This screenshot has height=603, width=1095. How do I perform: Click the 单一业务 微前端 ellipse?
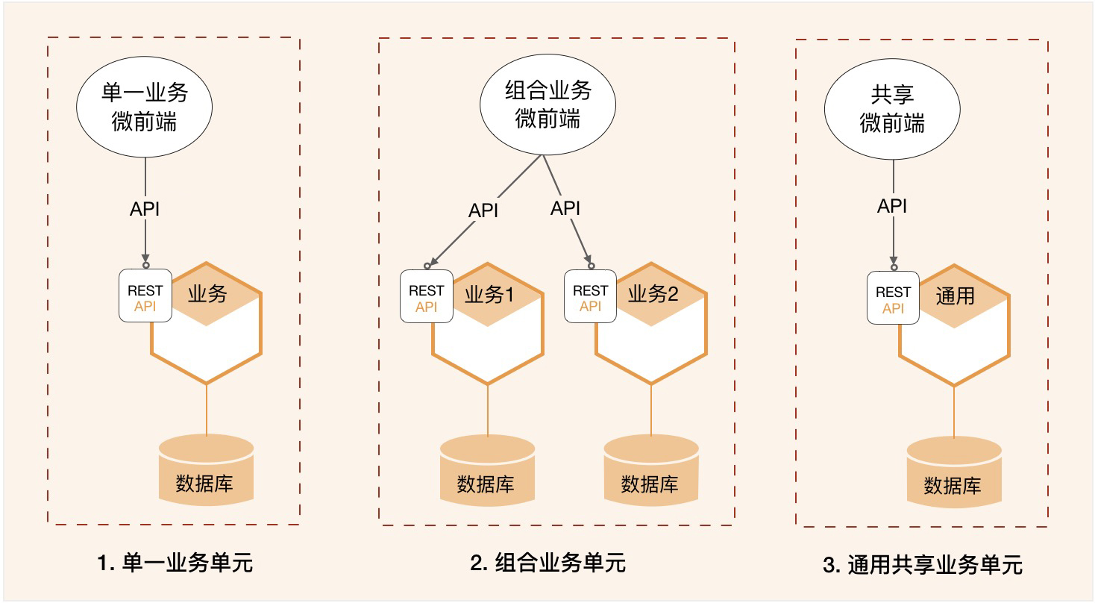145,107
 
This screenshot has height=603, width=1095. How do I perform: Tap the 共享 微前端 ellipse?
892,108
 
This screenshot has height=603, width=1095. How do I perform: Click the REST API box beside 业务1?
427,297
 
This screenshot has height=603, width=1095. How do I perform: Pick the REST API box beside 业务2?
590,297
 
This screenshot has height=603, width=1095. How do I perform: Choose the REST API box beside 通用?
893,299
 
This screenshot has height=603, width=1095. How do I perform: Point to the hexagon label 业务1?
489,295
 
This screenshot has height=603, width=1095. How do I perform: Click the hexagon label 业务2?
653,295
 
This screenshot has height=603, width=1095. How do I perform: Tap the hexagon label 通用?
955,296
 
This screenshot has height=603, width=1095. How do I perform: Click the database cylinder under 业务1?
488,472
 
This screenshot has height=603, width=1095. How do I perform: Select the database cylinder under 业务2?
650,472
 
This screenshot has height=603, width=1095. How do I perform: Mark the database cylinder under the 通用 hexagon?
953,473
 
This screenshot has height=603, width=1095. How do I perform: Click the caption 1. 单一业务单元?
175,562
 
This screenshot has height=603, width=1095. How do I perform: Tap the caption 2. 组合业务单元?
548,562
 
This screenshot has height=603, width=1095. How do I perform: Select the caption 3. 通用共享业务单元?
923,565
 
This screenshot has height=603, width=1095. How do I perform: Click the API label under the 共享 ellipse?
892,206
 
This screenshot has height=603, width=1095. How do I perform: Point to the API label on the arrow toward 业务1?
483,210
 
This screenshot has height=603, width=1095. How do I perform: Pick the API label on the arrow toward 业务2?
565,208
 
